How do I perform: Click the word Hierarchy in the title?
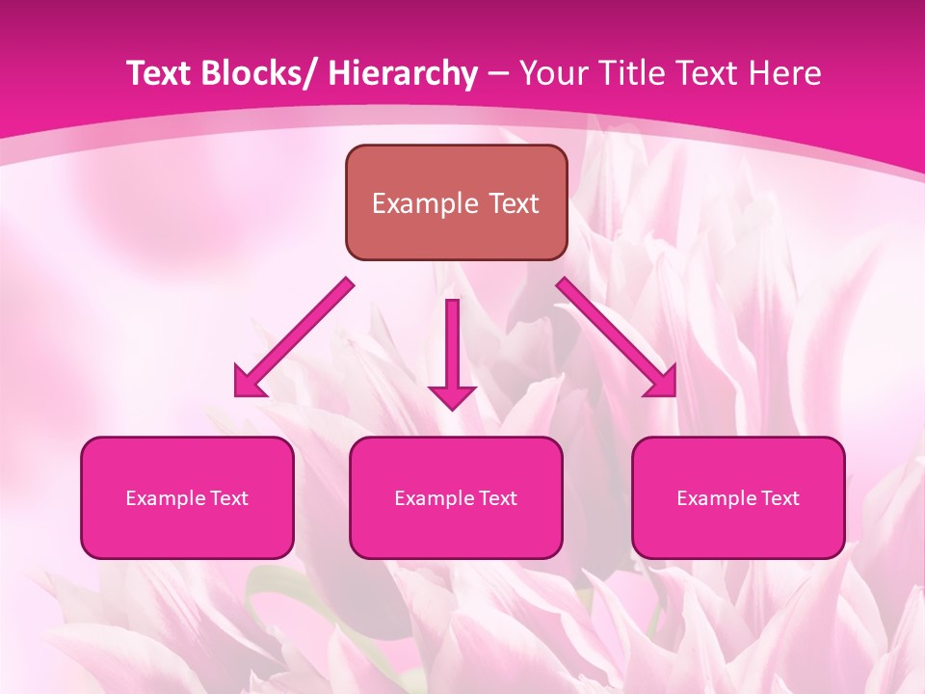(403, 74)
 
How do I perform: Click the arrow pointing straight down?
(452, 347)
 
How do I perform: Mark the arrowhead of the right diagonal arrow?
(663, 383)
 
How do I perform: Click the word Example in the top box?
(424, 204)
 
